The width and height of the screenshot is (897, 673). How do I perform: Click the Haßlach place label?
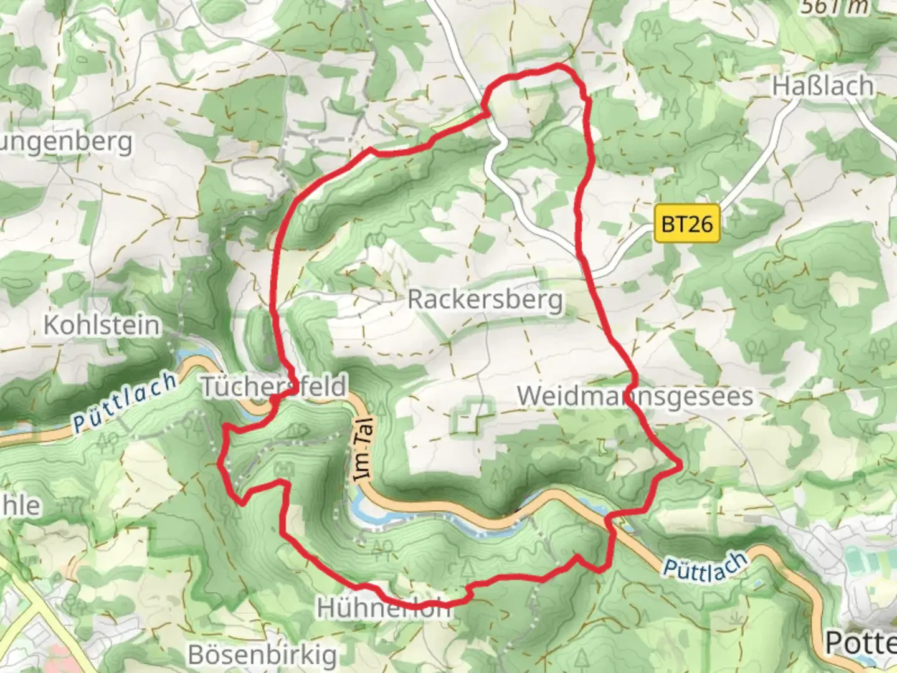pyautogui.click(x=822, y=86)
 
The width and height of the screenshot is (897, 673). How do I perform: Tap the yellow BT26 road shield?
pyautogui.click(x=686, y=223)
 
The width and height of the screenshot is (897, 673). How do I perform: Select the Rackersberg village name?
pyautogui.click(x=485, y=300)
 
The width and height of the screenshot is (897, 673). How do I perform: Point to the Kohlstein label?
pyautogui.click(x=102, y=325)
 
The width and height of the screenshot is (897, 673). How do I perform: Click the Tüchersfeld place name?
pyautogui.click(x=273, y=386)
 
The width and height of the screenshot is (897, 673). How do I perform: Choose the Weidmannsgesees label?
pyautogui.click(x=634, y=396)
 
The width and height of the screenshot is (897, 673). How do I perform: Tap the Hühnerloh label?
pyautogui.click(x=383, y=608)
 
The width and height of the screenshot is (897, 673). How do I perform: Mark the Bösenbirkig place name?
pyautogui.click(x=262, y=654)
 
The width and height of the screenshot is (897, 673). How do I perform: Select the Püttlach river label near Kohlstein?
pyautogui.click(x=125, y=403)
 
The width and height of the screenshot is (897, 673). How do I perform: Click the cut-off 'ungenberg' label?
pyautogui.click(x=66, y=142)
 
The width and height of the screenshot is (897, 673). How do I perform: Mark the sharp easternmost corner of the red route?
pyautogui.click(x=681, y=464)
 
